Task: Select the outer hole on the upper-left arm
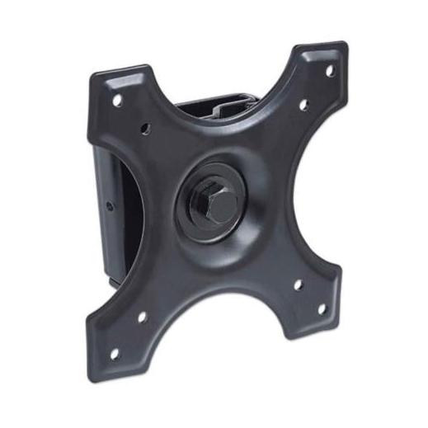[118, 99]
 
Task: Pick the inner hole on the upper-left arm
[147, 129]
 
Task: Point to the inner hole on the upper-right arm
[303, 105]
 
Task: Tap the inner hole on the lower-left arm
[142, 316]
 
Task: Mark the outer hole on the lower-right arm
[321, 310]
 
